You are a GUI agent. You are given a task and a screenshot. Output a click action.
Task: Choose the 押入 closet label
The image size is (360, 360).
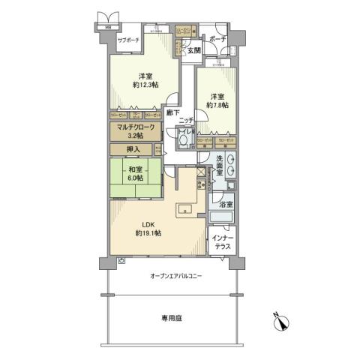click(x=133, y=149)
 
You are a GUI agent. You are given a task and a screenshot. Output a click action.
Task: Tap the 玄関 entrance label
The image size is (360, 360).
click(x=194, y=50)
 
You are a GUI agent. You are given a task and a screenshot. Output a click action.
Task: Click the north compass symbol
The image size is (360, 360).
click(x=283, y=324)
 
